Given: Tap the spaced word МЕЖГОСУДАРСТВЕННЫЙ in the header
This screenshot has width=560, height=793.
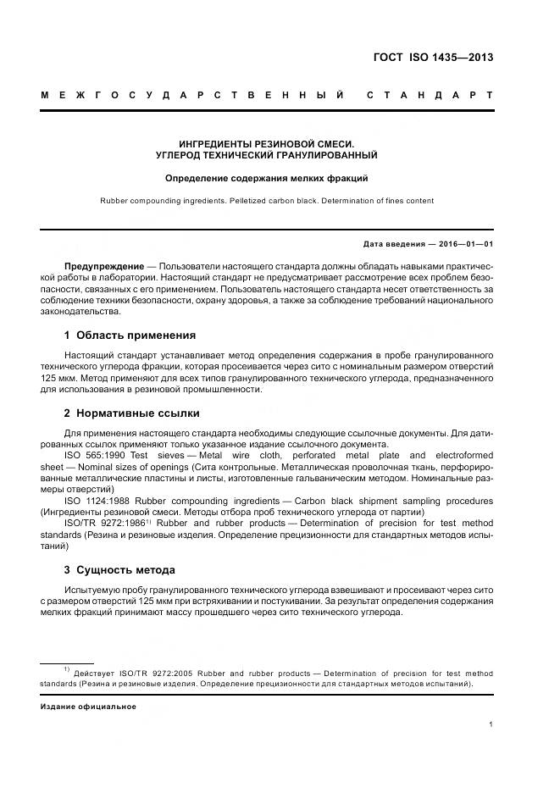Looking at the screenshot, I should coord(192,94).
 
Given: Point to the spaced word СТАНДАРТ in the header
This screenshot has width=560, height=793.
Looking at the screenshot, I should coord(430,94).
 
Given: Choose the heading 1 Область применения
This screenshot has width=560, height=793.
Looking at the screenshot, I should coord(130,335).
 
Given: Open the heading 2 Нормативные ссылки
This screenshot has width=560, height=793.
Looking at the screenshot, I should coord(132,413).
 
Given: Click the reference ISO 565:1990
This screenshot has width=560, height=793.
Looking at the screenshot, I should coord(93,455).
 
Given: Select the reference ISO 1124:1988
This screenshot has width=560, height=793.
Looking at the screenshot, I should coord(97,500).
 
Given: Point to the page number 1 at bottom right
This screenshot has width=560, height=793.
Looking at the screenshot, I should coord(491,724).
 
